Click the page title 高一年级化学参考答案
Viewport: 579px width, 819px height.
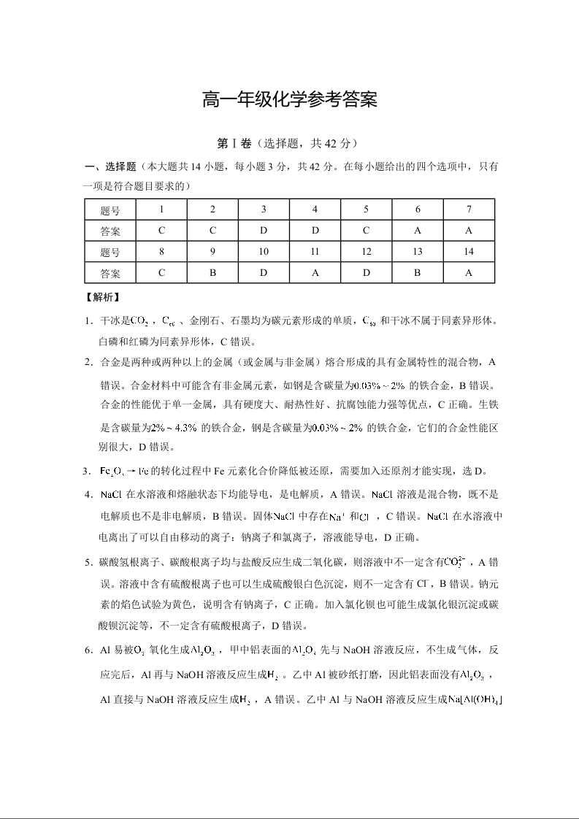[x=289, y=100]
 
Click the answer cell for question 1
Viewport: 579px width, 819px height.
[x=161, y=231]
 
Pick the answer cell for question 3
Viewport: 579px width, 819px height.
[x=264, y=231]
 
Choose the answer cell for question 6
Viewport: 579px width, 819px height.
[x=418, y=231]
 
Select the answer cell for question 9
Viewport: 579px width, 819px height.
[x=212, y=273]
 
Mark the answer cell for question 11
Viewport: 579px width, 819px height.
[x=315, y=273]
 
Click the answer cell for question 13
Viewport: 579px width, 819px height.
[x=418, y=273]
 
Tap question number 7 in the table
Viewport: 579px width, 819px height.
[x=469, y=209]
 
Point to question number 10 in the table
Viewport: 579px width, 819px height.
[x=264, y=252]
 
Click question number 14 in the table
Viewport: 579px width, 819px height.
[x=469, y=252]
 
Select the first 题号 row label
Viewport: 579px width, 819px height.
[x=110, y=210]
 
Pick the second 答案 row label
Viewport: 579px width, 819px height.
[x=110, y=274]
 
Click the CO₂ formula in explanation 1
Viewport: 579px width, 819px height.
[x=139, y=320]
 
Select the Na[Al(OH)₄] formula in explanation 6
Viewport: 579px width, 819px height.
[x=475, y=699]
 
